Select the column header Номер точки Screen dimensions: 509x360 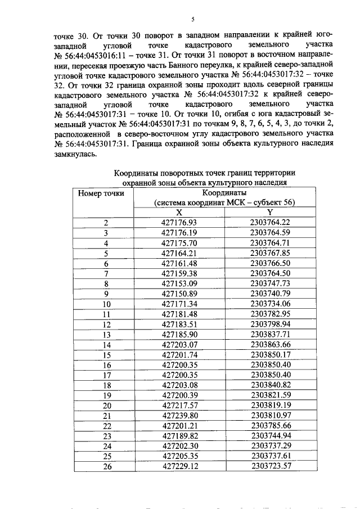pyautogui.click(x=101, y=193)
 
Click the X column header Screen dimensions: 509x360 pyautogui.click(x=179, y=213)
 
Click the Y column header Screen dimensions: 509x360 pyautogui.click(x=270, y=213)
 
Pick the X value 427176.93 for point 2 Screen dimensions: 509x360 pyautogui.click(x=179, y=222)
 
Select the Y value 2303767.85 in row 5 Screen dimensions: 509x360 pyautogui.click(x=270, y=253)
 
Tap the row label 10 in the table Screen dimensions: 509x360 pyautogui.click(x=105, y=304)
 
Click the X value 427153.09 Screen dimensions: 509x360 pyautogui.click(x=179, y=283)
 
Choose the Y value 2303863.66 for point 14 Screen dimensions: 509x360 pyautogui.click(x=270, y=344)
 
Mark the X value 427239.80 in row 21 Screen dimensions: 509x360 pyautogui.click(x=179, y=415)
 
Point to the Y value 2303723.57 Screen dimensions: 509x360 pyautogui.click(x=270, y=466)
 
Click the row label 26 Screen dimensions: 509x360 pyautogui.click(x=105, y=466)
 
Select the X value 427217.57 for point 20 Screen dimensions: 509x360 pyautogui.click(x=179, y=405)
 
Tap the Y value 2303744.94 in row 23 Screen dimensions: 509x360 pyautogui.click(x=270, y=435)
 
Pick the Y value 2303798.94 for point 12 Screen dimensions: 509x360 pyautogui.click(x=270, y=324)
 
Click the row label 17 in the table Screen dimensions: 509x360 pyautogui.click(x=105, y=375)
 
